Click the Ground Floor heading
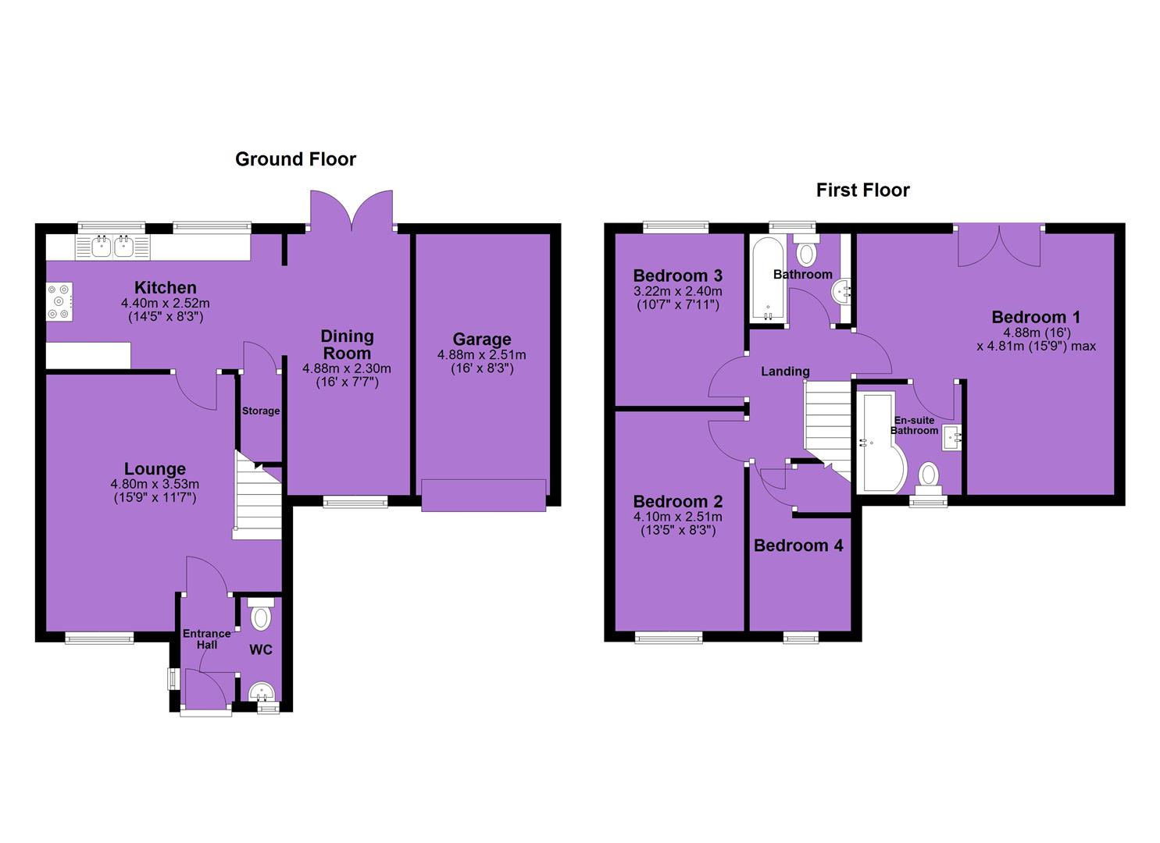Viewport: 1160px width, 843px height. click(x=295, y=159)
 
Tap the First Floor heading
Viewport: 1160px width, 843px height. click(x=862, y=190)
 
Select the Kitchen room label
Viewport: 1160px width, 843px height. click(x=165, y=287)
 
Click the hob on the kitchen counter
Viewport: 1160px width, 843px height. click(x=59, y=301)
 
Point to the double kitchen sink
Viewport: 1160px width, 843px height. click(x=112, y=247)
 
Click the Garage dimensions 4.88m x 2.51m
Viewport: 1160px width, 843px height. click(x=482, y=355)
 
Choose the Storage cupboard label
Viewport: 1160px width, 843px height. click(x=260, y=411)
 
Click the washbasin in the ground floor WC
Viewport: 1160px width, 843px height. click(x=262, y=692)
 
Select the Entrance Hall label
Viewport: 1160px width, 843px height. click(x=207, y=639)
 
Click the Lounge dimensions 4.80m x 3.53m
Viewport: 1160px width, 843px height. click(x=155, y=485)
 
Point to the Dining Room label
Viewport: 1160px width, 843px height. click(x=347, y=345)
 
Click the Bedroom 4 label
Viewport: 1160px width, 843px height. click(x=798, y=546)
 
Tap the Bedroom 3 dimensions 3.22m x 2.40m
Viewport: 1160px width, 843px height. click(x=677, y=291)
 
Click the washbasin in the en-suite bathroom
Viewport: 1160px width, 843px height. click(x=951, y=438)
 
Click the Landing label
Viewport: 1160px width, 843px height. click(x=785, y=371)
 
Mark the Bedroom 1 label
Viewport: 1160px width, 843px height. click(x=1036, y=317)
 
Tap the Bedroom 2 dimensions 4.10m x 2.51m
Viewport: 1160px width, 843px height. click(x=677, y=517)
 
